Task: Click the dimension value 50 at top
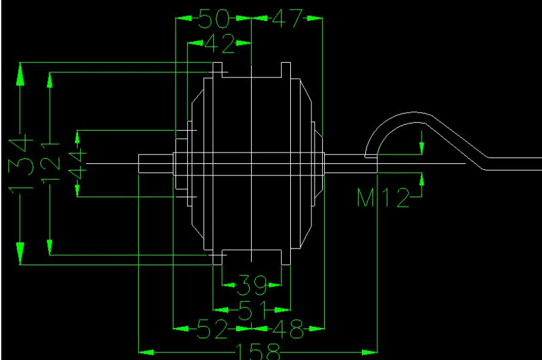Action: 214,19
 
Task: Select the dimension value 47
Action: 287,18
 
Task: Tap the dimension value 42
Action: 220,44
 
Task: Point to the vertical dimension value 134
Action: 21,164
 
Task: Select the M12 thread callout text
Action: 383,197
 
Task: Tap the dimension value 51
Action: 252,310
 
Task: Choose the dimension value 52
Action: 213,329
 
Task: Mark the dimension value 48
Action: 288,329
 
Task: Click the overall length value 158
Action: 258,352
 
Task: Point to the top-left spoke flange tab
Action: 217,70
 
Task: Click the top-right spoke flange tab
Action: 286,70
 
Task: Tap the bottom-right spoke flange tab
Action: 286,257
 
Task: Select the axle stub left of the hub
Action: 156,163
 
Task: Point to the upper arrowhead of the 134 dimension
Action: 21,74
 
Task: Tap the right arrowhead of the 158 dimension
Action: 370,352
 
